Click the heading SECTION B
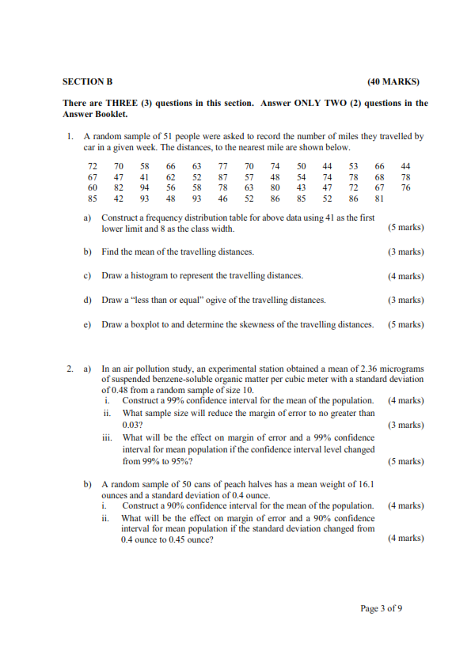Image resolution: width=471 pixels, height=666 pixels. pos(88,81)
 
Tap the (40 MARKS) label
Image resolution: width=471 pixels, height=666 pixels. pos(393,81)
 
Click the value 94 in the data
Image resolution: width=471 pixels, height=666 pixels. pos(145,188)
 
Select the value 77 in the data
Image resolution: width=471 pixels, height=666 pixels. pos(222,166)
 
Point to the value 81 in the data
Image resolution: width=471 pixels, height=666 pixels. pos(379,199)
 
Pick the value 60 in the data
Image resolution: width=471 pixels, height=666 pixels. pos(93,188)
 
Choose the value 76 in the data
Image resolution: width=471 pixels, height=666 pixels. pos(405,188)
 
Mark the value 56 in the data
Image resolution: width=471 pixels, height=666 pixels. pos(171,188)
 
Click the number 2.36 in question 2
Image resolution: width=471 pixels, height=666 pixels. pos(351,369)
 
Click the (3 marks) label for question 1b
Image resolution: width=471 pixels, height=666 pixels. pos(405,252)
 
